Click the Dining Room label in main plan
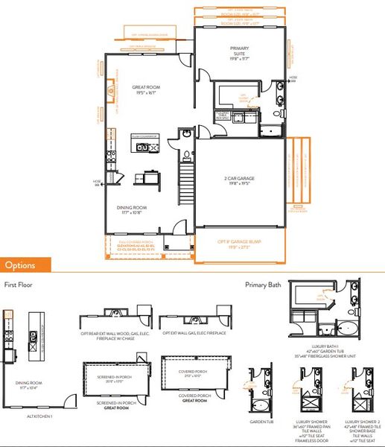pos(136,210)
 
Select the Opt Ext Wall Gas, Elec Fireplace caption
pos(190,333)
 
